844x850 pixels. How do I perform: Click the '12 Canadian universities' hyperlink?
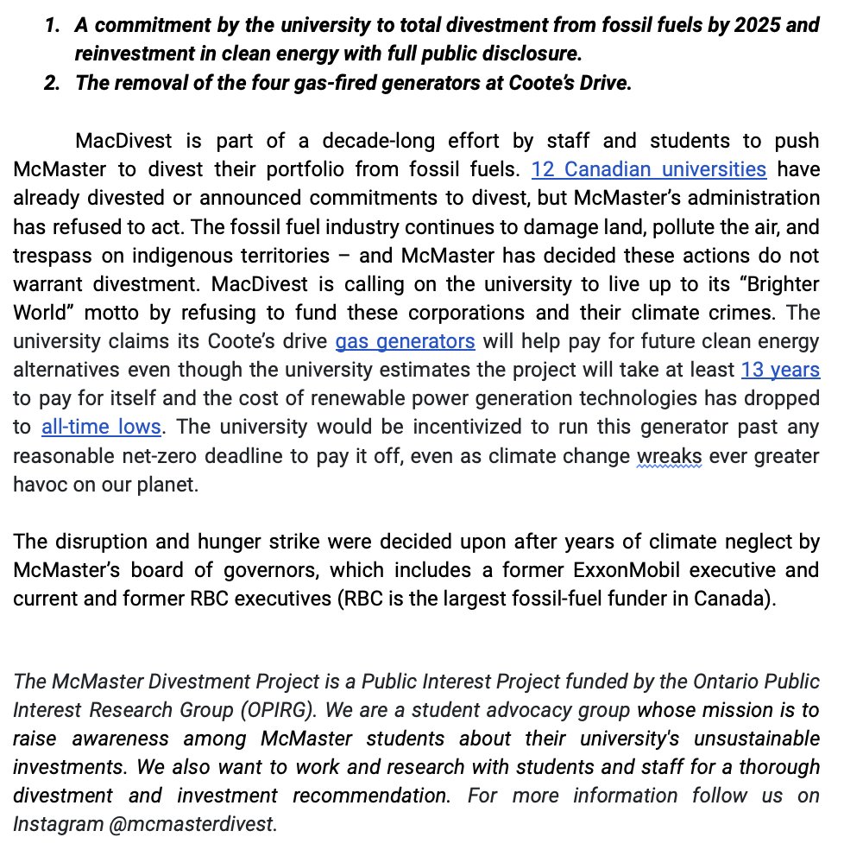tap(648, 168)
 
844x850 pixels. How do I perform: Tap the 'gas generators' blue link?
tap(405, 340)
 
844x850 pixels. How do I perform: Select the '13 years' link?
tap(780, 370)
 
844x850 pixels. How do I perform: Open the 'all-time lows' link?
tap(101, 427)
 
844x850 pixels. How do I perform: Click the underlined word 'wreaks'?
tap(670, 455)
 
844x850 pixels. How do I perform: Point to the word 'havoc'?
tap(41, 484)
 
